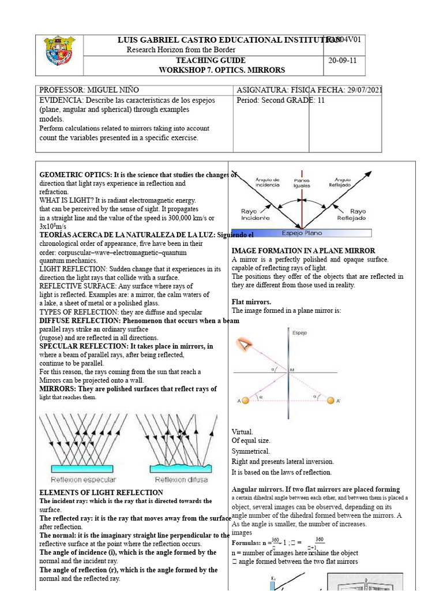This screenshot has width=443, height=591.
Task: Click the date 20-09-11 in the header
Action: pos(340,61)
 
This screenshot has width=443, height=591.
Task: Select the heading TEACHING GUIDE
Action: pos(211,61)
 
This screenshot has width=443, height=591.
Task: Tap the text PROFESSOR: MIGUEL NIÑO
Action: pos(89,90)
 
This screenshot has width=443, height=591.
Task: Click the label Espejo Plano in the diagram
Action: pos(302,233)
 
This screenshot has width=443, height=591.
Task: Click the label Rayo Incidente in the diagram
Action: pos(255,215)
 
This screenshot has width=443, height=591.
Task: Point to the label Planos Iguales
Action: pos(302,182)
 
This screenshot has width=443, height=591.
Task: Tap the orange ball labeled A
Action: pos(245,401)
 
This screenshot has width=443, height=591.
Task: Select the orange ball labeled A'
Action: pos(330,401)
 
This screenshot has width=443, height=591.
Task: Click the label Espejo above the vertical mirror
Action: pos(299,333)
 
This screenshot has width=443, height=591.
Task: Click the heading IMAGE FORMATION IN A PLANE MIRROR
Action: pos(303,251)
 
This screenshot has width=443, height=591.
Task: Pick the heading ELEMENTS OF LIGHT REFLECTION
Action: pos(101,492)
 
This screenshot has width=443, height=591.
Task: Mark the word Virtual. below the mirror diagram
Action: pos(242,432)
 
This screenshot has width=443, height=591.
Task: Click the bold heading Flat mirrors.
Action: pos(251,302)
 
